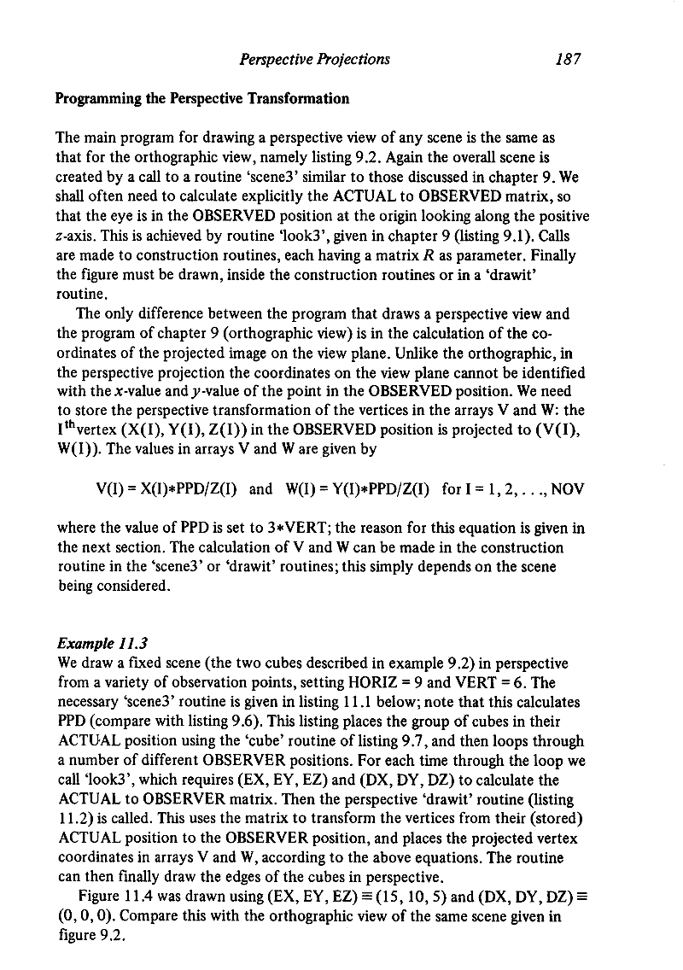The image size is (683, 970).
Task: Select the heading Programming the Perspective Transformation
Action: (x=202, y=98)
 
